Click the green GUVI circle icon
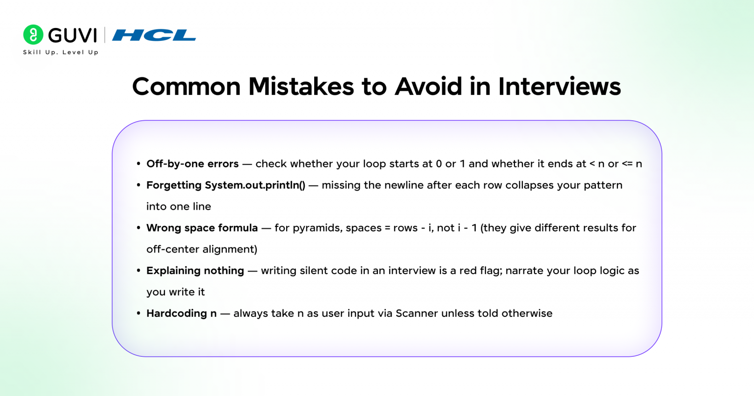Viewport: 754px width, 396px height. tap(33, 35)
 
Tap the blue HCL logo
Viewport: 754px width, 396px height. tap(154, 35)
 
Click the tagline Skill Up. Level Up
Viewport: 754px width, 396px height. tap(60, 52)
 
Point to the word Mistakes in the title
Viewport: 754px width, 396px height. tap(301, 86)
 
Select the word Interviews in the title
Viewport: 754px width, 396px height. tap(560, 86)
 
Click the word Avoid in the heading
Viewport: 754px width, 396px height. tap(428, 86)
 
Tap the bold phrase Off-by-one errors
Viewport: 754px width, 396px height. tap(192, 164)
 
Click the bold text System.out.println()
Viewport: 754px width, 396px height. tap(255, 185)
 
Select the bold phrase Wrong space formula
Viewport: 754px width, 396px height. tap(202, 228)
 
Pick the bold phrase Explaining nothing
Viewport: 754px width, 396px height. tap(195, 271)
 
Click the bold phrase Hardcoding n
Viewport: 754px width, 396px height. tap(182, 313)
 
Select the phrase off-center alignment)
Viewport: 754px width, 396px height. tap(202, 250)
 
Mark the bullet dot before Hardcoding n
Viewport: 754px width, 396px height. tap(138, 313)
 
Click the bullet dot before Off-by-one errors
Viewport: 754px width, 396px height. tap(138, 164)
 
